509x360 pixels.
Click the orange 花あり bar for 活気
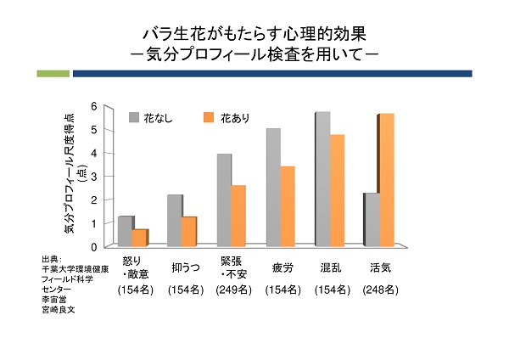(386, 179)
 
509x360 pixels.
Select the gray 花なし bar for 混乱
(322, 178)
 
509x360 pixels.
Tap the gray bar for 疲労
(272, 187)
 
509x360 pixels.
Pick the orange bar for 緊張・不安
(238, 216)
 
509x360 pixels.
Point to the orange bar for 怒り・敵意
(139, 238)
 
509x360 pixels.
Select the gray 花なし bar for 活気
(371, 219)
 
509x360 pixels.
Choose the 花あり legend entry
(227, 117)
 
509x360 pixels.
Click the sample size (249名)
(231, 290)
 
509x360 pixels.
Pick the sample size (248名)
(380, 290)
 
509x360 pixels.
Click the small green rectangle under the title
(53, 74)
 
